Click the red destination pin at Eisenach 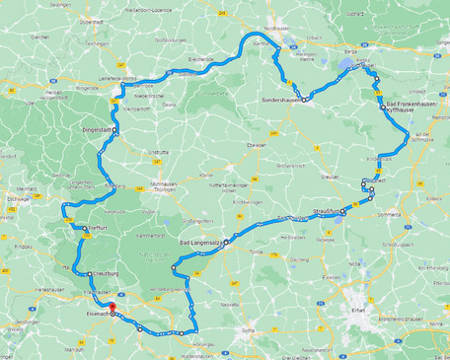point(112,307)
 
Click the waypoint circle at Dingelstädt point(114,130)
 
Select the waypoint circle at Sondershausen point(305,100)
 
